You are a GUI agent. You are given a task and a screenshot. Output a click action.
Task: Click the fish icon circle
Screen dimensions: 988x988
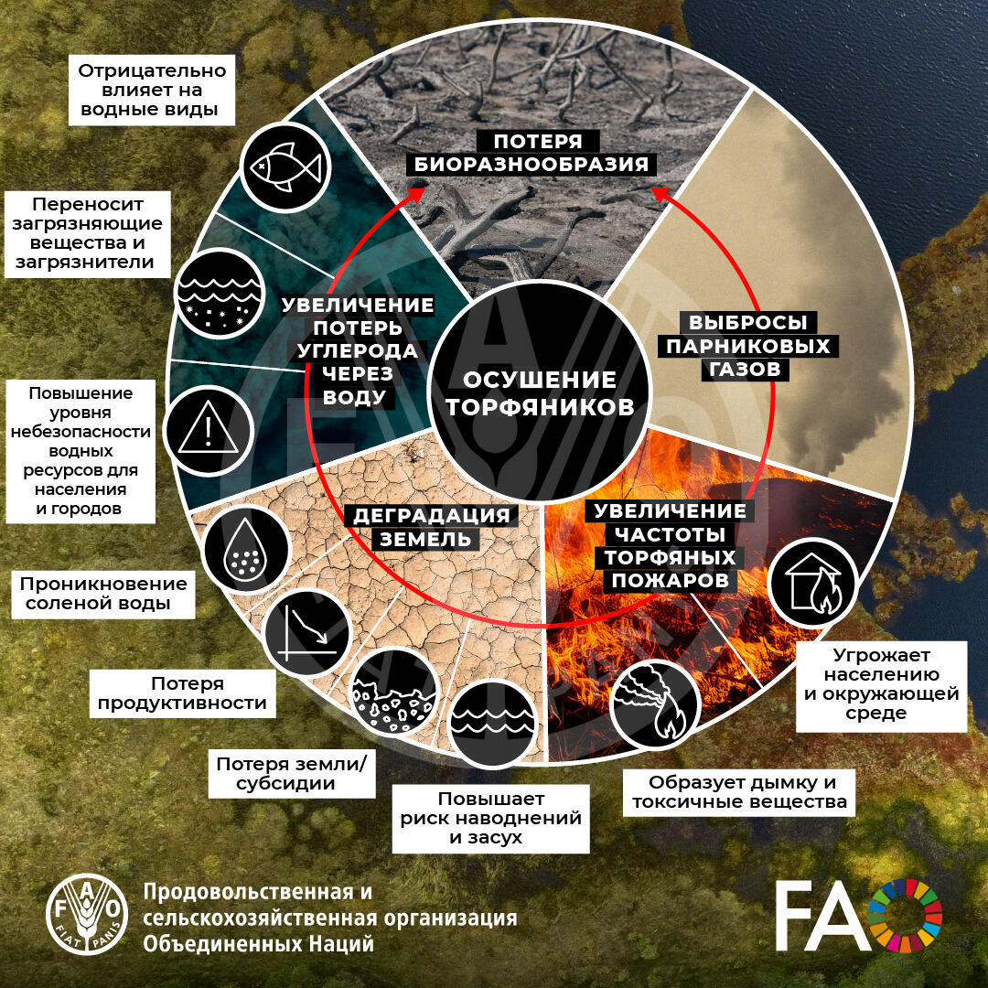[x=285, y=167]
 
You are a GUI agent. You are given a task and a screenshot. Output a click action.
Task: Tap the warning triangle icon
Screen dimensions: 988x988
[x=209, y=430]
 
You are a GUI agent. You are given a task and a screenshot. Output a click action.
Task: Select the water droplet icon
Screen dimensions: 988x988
[x=246, y=550]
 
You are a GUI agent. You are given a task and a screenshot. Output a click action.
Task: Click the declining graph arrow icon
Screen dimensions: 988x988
[x=306, y=633]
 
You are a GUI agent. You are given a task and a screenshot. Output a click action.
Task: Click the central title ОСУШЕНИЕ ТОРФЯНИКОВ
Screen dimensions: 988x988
[x=540, y=393]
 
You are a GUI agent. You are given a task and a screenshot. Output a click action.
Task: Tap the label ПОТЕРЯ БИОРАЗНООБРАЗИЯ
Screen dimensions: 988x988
[x=531, y=153]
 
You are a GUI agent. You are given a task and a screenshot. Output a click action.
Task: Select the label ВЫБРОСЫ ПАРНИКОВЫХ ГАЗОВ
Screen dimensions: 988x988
[x=748, y=346]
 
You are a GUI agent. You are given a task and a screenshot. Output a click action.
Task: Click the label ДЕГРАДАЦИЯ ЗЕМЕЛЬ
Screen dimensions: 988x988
[x=431, y=528]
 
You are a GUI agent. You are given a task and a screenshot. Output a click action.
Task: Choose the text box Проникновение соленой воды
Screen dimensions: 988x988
[x=102, y=594]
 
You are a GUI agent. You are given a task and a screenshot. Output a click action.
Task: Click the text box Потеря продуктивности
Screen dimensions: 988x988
[x=182, y=693]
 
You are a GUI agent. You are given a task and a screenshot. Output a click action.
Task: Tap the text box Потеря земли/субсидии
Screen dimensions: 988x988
[x=291, y=773]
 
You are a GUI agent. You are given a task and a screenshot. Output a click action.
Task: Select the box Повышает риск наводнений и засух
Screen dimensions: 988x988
[x=491, y=819]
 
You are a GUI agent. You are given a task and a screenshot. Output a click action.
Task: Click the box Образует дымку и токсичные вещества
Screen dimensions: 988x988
[x=739, y=792]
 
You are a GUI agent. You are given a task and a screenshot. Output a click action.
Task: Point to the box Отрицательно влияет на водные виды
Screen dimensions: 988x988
[x=151, y=90]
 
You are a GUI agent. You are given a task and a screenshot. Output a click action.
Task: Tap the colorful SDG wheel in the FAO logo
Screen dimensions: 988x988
[x=906, y=915]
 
